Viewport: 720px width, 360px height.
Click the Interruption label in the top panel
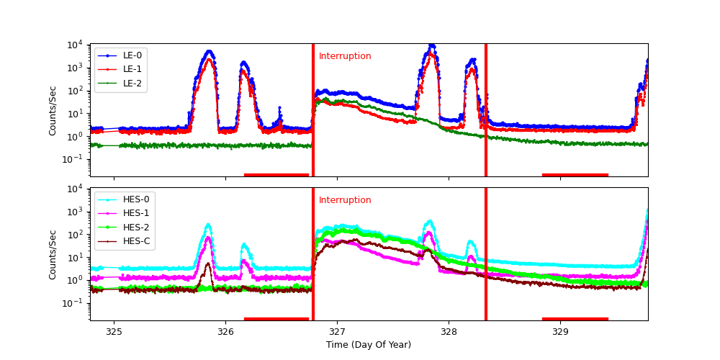[x=345, y=56]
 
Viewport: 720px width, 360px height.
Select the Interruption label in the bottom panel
[x=345, y=200]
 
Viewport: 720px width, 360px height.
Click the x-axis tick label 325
[x=114, y=332]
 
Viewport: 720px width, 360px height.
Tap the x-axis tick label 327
[x=337, y=332]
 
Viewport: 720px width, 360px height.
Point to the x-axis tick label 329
[x=560, y=332]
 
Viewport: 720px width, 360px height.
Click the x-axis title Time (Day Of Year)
[x=369, y=345]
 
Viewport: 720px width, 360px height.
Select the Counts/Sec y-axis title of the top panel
[x=53, y=110]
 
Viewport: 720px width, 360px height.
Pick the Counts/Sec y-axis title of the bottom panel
[x=53, y=254]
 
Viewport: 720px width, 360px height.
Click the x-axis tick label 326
[x=225, y=332]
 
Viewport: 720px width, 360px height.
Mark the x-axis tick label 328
[x=449, y=332]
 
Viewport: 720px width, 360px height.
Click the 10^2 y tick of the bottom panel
[x=75, y=235]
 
